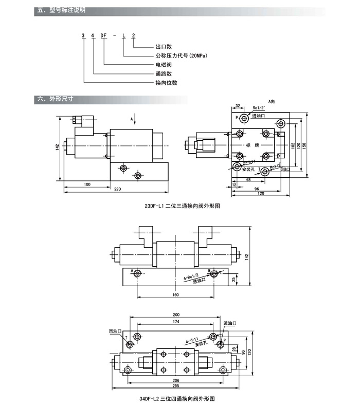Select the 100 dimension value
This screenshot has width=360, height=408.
point(87,184)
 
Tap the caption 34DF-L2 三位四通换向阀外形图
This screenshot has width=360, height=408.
point(176,398)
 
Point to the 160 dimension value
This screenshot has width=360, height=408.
point(175,295)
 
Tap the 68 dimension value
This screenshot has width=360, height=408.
point(248,180)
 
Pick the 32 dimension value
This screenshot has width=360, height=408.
point(238,105)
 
